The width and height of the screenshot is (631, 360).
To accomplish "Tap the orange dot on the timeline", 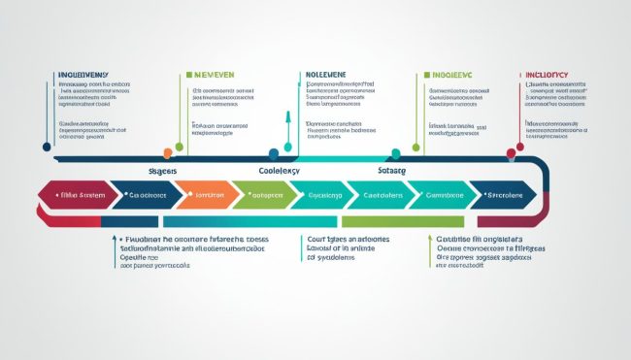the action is click(x=168, y=151).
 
